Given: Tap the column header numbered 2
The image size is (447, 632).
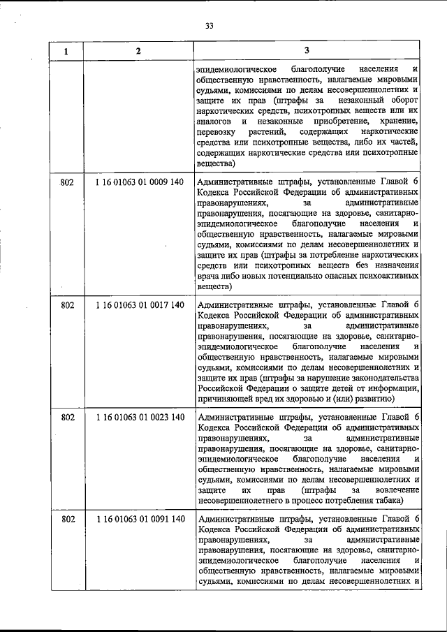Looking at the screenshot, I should pos(138,51).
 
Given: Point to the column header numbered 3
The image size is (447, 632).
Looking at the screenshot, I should pos(307,51).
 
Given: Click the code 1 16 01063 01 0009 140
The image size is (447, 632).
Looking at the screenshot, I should pos(139,182).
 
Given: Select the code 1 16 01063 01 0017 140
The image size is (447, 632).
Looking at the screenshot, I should pos(139,305).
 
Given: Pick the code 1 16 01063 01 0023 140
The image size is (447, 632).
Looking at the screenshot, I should pos(139,418).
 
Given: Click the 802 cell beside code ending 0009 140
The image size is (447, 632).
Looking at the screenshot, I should pos(67,182).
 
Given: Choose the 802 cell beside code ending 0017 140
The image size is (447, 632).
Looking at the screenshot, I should pos(67,305).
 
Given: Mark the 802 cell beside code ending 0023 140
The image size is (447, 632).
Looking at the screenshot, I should pos(67,418).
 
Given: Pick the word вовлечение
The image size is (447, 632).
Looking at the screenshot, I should pos(396,490).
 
